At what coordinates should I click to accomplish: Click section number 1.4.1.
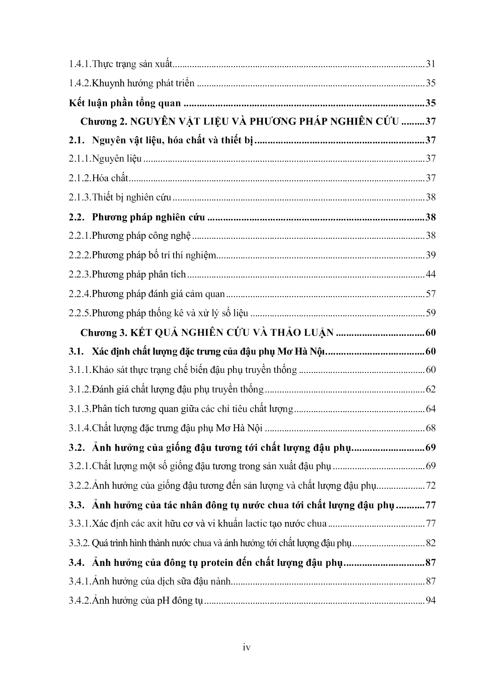pos(80,64)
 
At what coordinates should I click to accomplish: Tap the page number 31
pos(430,64)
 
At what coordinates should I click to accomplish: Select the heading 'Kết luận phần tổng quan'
pos(125,103)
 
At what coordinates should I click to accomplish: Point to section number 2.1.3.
pos(80,197)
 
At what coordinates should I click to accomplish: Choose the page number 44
pos(430,275)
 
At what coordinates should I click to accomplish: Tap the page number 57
pos(430,294)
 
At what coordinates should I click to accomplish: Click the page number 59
pos(430,313)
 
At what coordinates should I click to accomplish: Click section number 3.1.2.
pos(80,390)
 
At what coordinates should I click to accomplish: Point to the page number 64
pos(430,409)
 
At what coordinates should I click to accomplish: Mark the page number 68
pos(430,428)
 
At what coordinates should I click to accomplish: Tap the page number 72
pos(430,485)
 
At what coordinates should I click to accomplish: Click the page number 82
pos(430,543)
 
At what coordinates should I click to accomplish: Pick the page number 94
pos(430,600)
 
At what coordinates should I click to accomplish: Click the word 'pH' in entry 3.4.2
pos(163,601)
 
